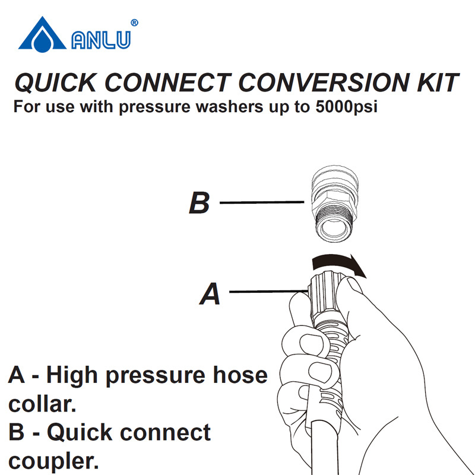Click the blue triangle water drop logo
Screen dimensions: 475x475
coord(42,35)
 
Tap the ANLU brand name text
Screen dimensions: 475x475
coord(101,40)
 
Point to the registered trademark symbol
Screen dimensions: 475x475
coord(134,23)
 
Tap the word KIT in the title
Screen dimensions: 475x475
coord(438,83)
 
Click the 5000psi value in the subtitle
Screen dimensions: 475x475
coord(346,107)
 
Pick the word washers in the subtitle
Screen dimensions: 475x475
coord(229,107)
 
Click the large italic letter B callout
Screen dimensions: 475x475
coord(199,202)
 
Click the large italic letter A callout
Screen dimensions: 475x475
coord(210,293)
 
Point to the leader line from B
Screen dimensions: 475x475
coord(262,202)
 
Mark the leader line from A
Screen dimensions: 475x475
coord(269,292)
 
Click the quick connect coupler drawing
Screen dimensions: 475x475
coord(335,203)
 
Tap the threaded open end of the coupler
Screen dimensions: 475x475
coord(334,228)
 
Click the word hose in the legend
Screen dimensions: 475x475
coord(240,375)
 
